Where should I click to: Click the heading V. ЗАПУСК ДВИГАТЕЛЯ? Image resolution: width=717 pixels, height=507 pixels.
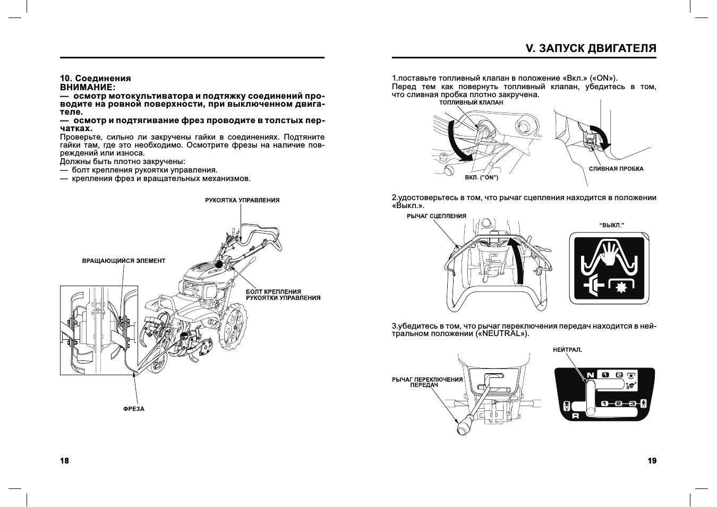coord(591,48)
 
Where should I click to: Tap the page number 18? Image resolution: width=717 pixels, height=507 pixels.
coord(64,461)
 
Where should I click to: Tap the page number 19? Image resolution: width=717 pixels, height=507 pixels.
coord(652,461)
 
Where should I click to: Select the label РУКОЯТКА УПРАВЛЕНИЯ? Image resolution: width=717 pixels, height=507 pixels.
coord(242,200)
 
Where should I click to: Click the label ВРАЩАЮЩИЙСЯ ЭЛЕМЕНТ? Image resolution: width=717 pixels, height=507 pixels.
coord(123,261)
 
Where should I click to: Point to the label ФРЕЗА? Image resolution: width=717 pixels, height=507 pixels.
coord(133,409)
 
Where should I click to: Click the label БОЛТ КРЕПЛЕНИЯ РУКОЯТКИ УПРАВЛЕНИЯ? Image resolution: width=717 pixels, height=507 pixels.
coord(283,295)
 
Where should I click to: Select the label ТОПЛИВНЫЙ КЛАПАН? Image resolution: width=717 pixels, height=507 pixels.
coord(471,102)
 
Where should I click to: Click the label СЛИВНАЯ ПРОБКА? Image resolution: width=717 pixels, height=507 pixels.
coord(616,169)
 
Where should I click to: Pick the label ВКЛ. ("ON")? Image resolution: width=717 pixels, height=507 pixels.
coord(481,177)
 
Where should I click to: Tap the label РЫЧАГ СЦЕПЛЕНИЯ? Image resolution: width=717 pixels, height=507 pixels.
coord(436,216)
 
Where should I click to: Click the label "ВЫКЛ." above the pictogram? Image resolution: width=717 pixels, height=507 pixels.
coord(611,225)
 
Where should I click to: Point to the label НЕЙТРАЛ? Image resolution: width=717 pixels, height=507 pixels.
coord(567,350)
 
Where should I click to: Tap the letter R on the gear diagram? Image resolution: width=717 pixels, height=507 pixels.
coord(575,416)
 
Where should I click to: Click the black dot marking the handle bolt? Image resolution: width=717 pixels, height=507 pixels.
coord(218,264)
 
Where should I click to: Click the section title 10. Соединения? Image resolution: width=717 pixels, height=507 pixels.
coord(95,79)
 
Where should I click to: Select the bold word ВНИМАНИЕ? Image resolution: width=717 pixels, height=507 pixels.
coord(88,87)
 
